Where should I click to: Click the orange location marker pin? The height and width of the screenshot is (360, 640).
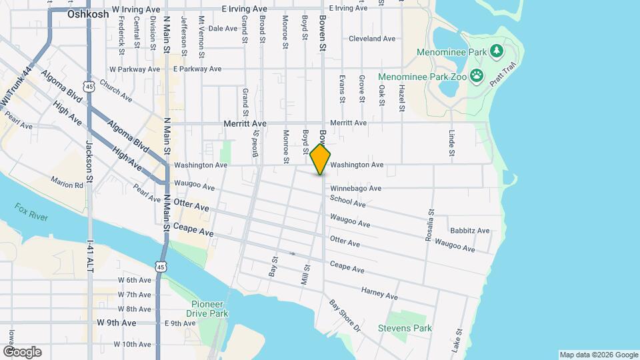click(320, 159)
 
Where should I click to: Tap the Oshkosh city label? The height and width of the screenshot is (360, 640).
click(88, 13)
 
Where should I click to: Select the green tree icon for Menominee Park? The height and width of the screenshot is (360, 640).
click(496, 51)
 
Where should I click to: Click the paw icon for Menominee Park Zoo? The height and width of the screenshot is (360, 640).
click(476, 77)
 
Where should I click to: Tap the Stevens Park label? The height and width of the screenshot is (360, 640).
click(405, 328)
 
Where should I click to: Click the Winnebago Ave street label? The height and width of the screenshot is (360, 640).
click(355, 189)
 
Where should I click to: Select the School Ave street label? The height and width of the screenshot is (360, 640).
click(347, 202)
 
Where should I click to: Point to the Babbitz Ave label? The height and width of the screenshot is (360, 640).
click(469, 231)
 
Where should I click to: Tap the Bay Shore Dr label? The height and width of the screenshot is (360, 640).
click(345, 315)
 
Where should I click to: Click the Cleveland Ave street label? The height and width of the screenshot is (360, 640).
click(372, 39)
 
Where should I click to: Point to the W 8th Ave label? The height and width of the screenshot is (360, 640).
click(135, 309)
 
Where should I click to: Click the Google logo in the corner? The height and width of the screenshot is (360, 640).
click(21, 352)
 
